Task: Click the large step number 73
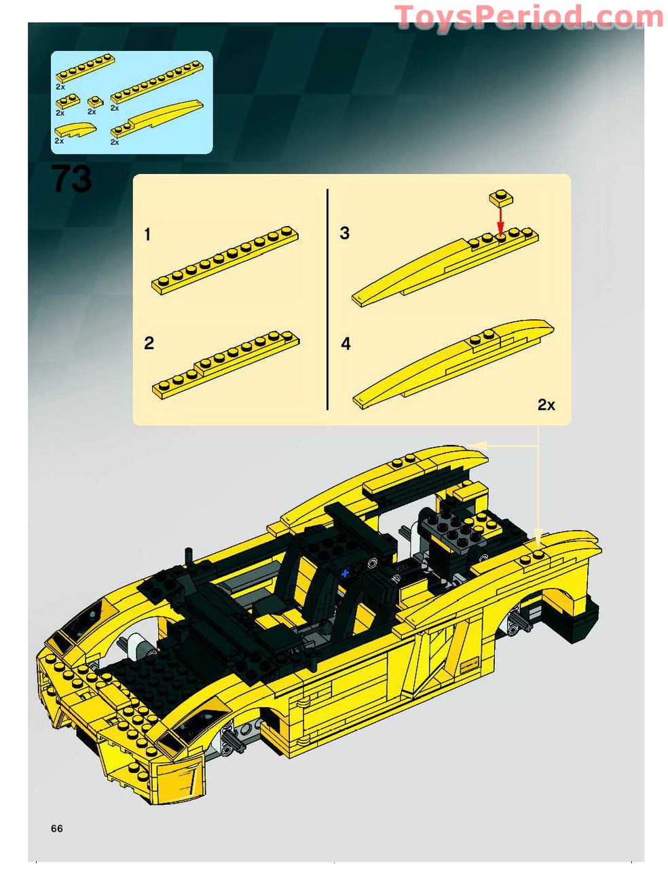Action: coord(71,179)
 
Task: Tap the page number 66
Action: coord(56,828)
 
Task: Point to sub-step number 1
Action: coord(147,235)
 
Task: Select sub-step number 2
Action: coord(149,343)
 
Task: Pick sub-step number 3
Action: coord(345,233)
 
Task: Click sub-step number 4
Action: coord(346,344)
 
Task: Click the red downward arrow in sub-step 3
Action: coord(500,219)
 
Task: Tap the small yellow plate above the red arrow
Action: coord(500,197)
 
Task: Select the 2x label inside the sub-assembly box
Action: coord(546,405)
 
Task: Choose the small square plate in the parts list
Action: coord(94,102)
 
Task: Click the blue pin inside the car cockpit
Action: coord(345,574)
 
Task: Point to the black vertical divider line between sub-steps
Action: coord(327,299)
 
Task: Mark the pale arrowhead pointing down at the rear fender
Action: coord(538,535)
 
